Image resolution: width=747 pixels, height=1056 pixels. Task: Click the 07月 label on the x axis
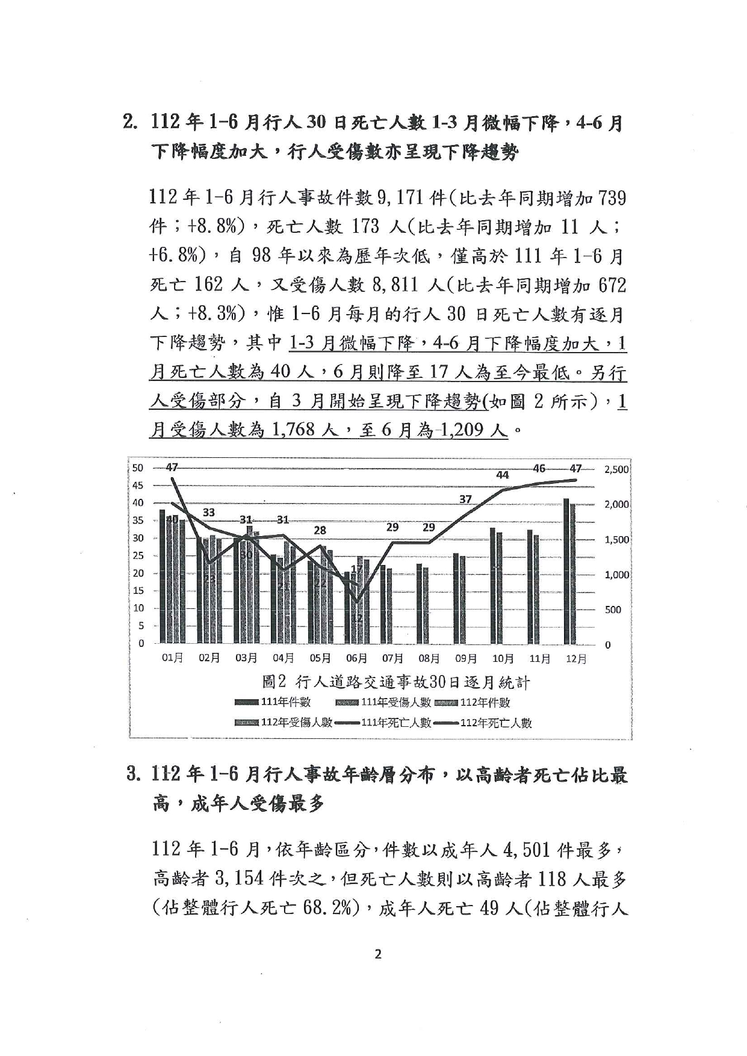click(392, 658)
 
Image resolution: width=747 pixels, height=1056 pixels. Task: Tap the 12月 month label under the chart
click(576, 659)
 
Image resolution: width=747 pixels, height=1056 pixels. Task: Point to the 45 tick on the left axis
click(138, 485)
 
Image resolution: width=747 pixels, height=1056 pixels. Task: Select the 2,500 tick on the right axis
click(616, 469)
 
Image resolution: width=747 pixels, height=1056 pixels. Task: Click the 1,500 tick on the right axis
click(616, 540)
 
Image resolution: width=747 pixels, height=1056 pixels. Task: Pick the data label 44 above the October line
click(502, 475)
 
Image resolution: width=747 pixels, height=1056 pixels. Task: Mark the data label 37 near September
click(465, 499)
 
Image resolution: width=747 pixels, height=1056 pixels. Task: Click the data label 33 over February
click(208, 512)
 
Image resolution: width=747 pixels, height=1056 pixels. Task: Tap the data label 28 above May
click(320, 530)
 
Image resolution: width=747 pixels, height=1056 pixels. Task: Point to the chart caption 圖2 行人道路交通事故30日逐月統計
click(396, 682)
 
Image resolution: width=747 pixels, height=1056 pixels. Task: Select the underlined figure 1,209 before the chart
click(474, 430)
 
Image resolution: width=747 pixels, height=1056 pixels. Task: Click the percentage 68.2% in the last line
click(327, 908)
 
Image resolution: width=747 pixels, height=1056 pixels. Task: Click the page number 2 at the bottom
click(378, 954)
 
